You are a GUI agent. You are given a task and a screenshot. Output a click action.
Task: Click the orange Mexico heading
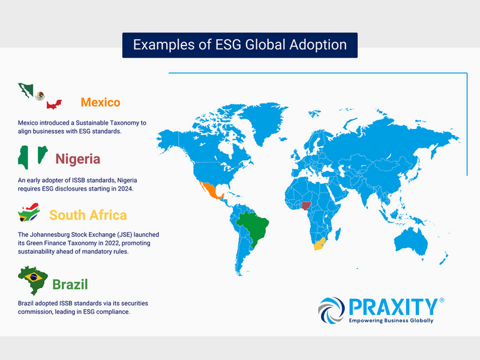tap(100, 102)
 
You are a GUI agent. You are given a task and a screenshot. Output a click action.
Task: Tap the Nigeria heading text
tap(78, 159)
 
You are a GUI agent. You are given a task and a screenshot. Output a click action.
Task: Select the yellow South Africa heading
tap(88, 215)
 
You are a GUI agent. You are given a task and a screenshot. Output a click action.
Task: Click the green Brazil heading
tap(70, 284)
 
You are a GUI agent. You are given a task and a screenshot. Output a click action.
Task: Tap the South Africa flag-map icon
tap(29, 212)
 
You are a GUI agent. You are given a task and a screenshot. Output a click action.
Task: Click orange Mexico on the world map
tap(211, 190)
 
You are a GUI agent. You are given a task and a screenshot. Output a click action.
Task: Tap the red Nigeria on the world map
tap(306, 205)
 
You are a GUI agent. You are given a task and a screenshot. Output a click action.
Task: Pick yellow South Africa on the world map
tap(319, 244)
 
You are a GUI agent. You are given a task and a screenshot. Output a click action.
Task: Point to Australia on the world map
tap(411, 242)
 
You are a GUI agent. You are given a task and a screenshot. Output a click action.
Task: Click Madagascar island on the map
tap(338, 234)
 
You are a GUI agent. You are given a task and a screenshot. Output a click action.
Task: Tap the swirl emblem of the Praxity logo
tap(331, 310)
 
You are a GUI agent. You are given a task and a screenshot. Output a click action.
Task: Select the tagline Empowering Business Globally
tap(391, 320)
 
